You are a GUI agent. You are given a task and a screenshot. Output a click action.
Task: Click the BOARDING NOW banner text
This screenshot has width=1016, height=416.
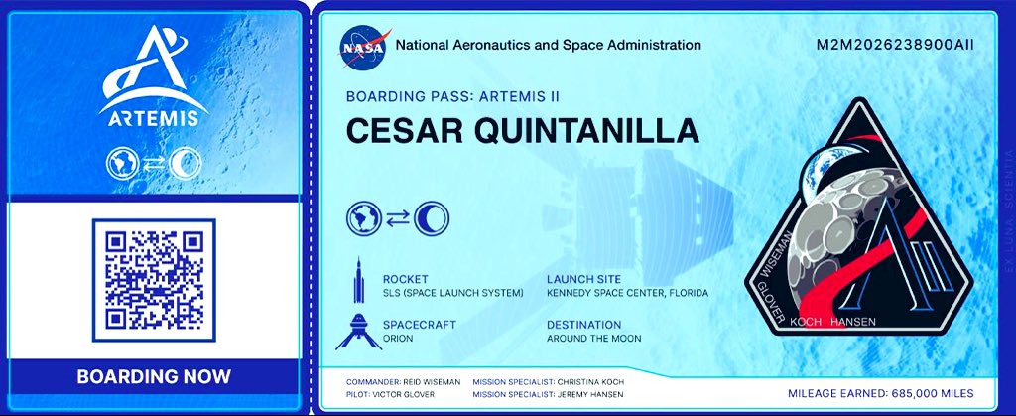pyautogui.click(x=154, y=377)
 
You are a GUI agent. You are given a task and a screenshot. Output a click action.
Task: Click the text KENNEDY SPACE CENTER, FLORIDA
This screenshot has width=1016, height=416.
pyautogui.click(x=627, y=293)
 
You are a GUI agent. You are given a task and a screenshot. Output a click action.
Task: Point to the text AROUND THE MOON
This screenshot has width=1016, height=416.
pyautogui.click(x=593, y=339)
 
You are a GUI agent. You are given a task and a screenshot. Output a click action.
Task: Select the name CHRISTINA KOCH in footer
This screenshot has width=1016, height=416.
pyautogui.click(x=589, y=381)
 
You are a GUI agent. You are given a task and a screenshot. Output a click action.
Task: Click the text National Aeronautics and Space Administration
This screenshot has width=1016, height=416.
pyautogui.click(x=548, y=45)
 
